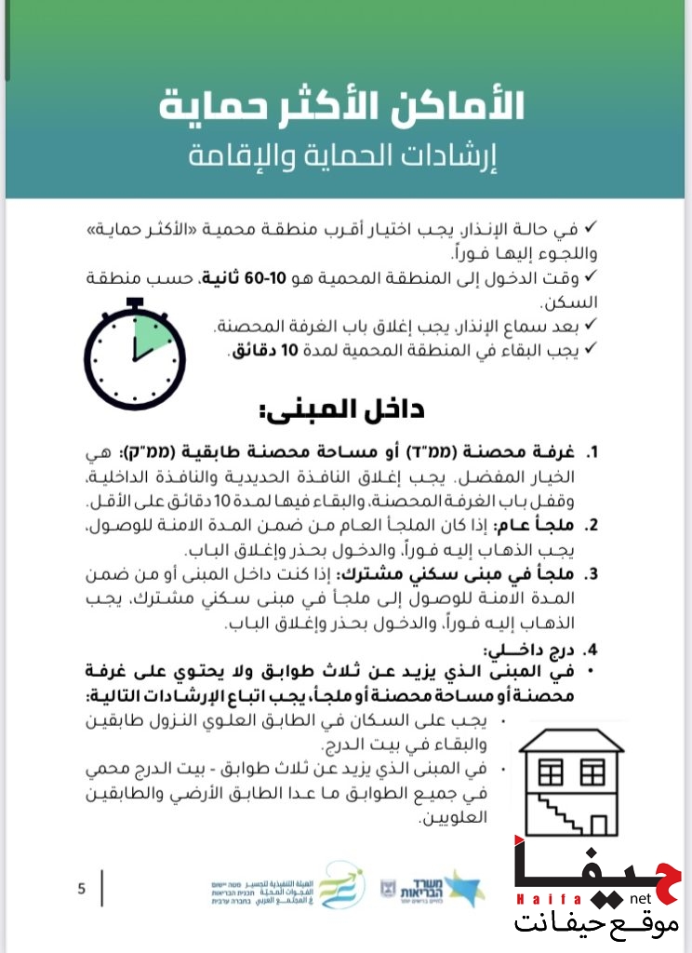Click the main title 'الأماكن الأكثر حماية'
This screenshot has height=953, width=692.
point(342,106)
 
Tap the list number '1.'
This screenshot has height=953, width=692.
point(592,453)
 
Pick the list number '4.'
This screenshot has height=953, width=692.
point(592,650)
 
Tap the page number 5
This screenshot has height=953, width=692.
point(81,889)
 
